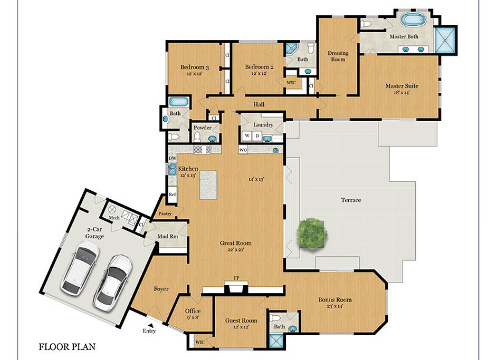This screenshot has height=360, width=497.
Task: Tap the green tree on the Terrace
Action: coord(312,233)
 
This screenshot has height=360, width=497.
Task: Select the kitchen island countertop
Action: coord(208,185)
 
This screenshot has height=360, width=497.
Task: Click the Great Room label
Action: coord(235,243)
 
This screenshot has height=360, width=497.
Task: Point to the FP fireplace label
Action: coord(236,278)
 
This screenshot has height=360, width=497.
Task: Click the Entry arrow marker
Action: coord(152,325)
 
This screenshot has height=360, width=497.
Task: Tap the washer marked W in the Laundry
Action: coord(247,136)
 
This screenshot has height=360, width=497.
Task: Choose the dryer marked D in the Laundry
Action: coord(257,136)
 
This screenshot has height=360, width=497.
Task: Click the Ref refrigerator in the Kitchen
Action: coord(172,194)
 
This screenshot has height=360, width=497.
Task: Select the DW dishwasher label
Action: coord(173,158)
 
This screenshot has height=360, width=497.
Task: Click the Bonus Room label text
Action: coord(334,299)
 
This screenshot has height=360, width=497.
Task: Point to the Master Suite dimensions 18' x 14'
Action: coord(402,92)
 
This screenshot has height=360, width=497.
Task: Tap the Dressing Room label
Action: coord(338,56)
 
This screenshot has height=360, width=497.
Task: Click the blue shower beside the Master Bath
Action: coord(445,40)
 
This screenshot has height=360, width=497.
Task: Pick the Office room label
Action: coord(193,311)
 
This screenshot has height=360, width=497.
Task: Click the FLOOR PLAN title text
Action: coord(67,347)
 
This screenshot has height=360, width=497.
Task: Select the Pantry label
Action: coord(165,213)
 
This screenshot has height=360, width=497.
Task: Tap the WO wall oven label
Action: coord(243,150)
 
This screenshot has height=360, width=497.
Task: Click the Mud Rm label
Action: coord(168,236)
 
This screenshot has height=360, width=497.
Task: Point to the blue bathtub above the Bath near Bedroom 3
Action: coord(179,102)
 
